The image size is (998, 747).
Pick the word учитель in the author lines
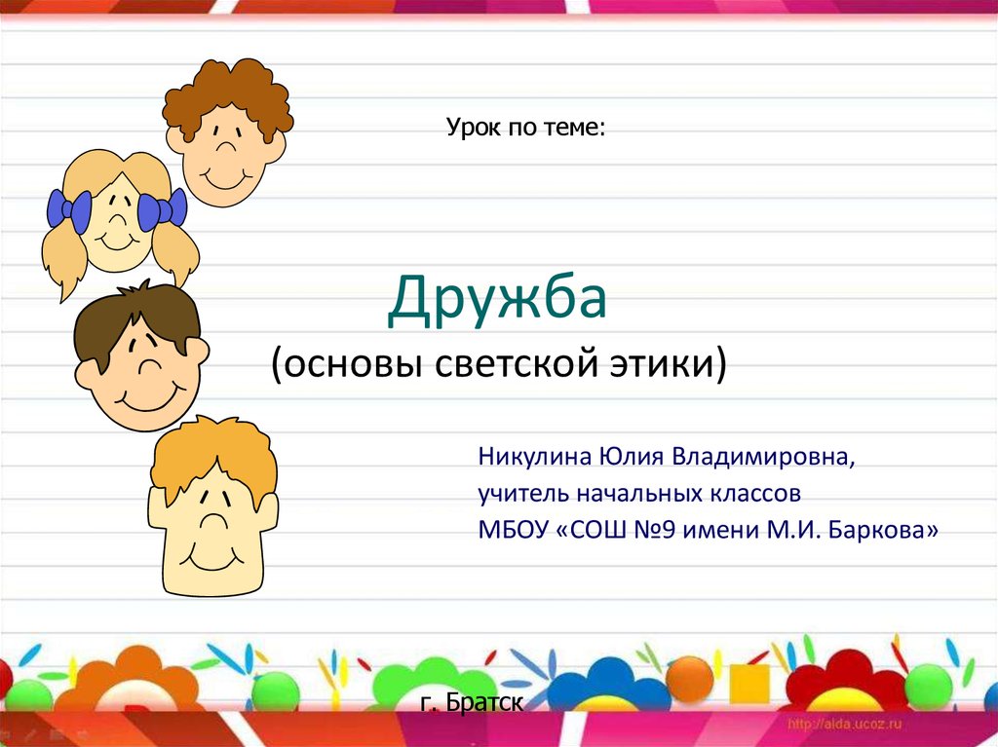tap(523, 494)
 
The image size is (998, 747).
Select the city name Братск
tap(484, 702)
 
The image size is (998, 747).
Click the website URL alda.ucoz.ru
tap(845, 724)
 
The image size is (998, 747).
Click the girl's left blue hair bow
tap(69, 211)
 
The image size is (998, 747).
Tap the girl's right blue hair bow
tap(163, 209)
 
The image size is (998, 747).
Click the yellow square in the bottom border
tap(748, 684)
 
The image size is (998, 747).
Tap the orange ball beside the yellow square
tap(690, 679)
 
